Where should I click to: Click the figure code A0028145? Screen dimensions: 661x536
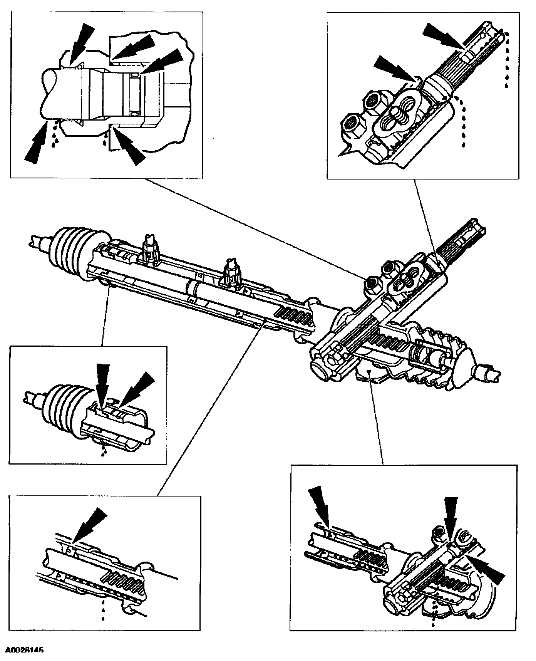click(24, 651)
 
